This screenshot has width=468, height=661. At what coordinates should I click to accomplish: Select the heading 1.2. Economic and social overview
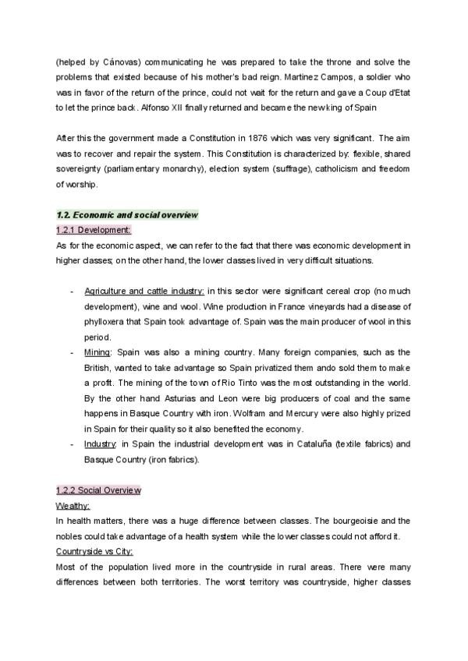point(127,214)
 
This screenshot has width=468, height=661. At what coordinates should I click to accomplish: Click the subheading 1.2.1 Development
point(94,230)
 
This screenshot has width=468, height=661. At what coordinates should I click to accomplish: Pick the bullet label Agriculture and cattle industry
point(144,291)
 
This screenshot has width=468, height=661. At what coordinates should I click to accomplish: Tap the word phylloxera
point(108,321)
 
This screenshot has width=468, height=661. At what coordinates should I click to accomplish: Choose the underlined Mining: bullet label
point(97,352)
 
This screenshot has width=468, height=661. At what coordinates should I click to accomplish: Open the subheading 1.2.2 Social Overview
point(98,490)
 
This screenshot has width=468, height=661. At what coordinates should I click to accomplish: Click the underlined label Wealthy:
point(73,505)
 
